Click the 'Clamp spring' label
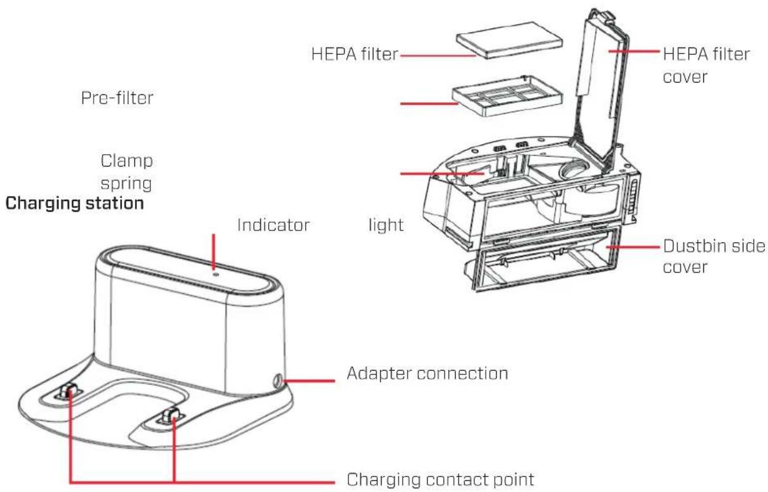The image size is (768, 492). point(128,173)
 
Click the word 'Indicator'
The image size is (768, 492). point(272,224)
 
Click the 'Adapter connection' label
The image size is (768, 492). point(428,374)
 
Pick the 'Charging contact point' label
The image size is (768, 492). point(439,478)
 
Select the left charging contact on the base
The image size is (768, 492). point(69,392)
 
